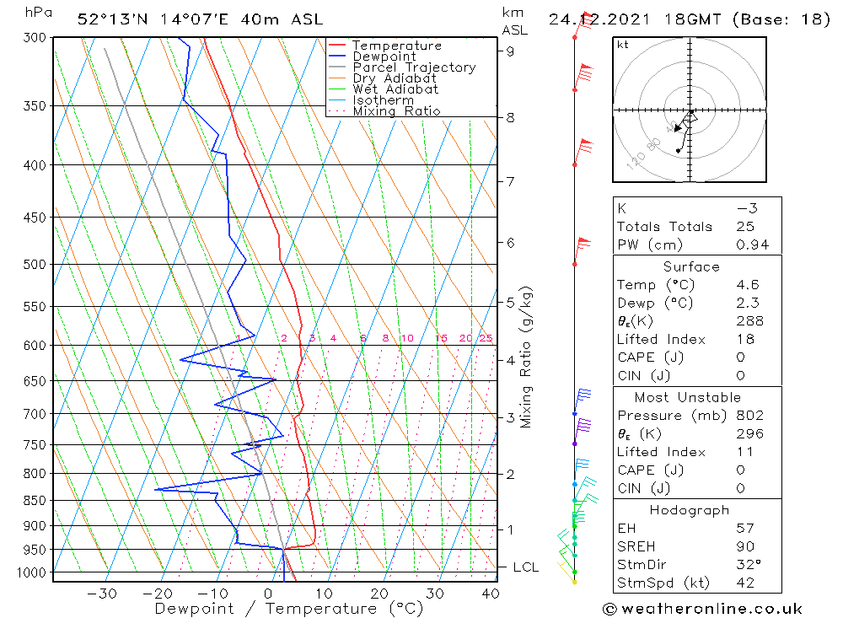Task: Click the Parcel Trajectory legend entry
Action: (x=414, y=67)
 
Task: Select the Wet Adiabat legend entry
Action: (x=395, y=89)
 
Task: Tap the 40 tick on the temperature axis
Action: (x=490, y=594)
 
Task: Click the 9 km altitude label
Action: (x=510, y=51)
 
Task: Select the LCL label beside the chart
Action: (x=525, y=567)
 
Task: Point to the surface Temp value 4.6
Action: (x=749, y=285)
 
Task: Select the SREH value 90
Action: (x=745, y=546)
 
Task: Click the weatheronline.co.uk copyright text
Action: (x=703, y=609)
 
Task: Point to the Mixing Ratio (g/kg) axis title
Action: (x=527, y=357)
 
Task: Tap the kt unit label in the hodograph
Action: (x=622, y=45)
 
